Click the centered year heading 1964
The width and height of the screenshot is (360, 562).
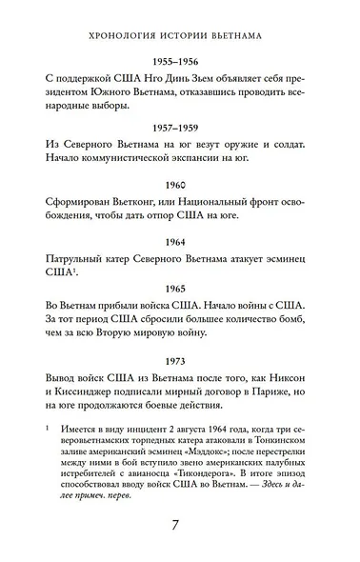180,242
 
